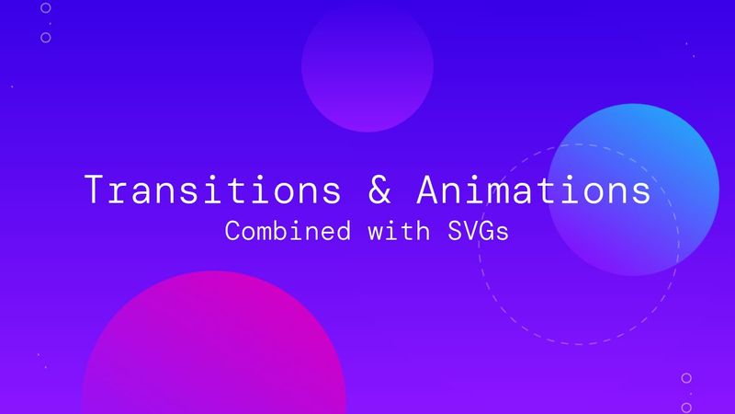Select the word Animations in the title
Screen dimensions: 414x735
point(533,190)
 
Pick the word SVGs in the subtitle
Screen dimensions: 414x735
point(478,231)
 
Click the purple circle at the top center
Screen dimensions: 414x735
point(367,64)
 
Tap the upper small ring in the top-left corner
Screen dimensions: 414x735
point(46,7)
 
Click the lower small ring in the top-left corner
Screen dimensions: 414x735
point(46,38)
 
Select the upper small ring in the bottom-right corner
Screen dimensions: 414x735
point(686,377)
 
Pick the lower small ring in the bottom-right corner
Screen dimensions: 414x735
point(686,407)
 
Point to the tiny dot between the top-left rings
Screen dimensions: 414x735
point(49,23)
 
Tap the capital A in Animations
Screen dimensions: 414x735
point(428,190)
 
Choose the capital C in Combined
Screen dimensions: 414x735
point(232,231)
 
